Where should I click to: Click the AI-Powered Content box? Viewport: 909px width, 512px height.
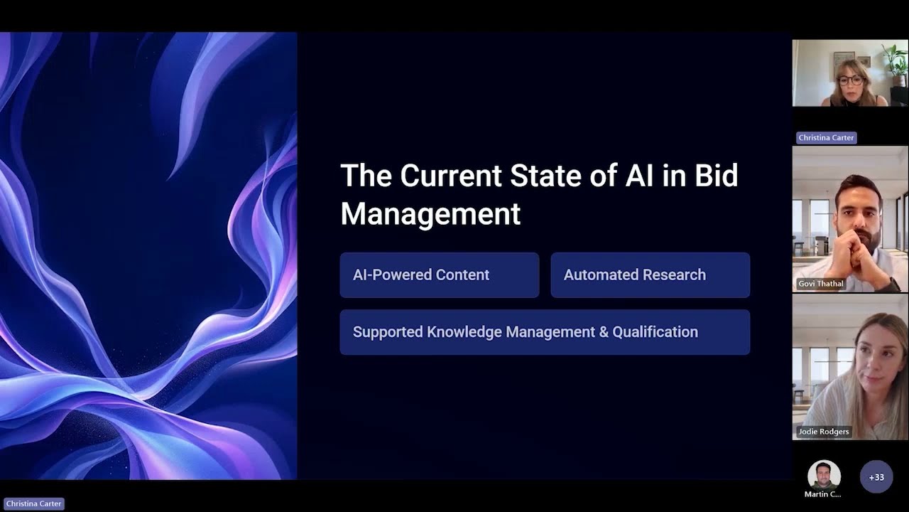click(x=439, y=275)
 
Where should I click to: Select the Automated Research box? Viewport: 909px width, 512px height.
click(x=650, y=275)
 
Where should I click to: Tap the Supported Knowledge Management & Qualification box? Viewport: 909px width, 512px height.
click(x=545, y=332)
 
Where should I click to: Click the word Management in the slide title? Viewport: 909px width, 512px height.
click(x=430, y=214)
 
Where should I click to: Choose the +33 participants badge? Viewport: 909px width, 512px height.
click(x=876, y=477)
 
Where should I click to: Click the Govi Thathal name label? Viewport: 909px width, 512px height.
click(x=821, y=284)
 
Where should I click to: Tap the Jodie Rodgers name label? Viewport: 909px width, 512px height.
click(x=823, y=432)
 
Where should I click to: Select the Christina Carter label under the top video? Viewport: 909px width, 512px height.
click(x=826, y=138)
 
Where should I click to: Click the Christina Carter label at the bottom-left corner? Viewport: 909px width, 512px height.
click(x=34, y=503)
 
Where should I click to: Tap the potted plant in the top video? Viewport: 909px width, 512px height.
click(x=896, y=57)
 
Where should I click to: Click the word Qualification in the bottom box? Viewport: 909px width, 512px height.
click(x=655, y=332)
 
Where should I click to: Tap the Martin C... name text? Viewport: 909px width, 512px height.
click(x=822, y=494)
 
